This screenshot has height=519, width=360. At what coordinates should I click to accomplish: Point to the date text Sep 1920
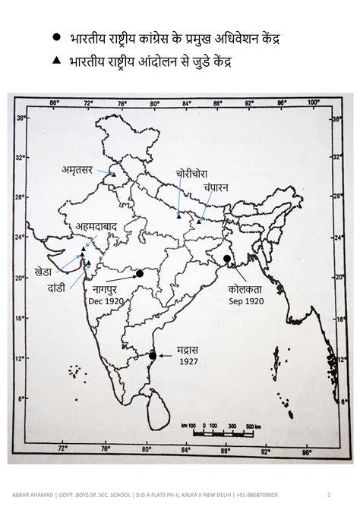pos(245,301)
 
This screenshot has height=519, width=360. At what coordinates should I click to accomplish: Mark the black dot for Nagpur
pos(140,274)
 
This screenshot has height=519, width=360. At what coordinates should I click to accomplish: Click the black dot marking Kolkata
pos(226,259)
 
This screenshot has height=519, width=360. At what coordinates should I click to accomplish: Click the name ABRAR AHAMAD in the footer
pos(30,495)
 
